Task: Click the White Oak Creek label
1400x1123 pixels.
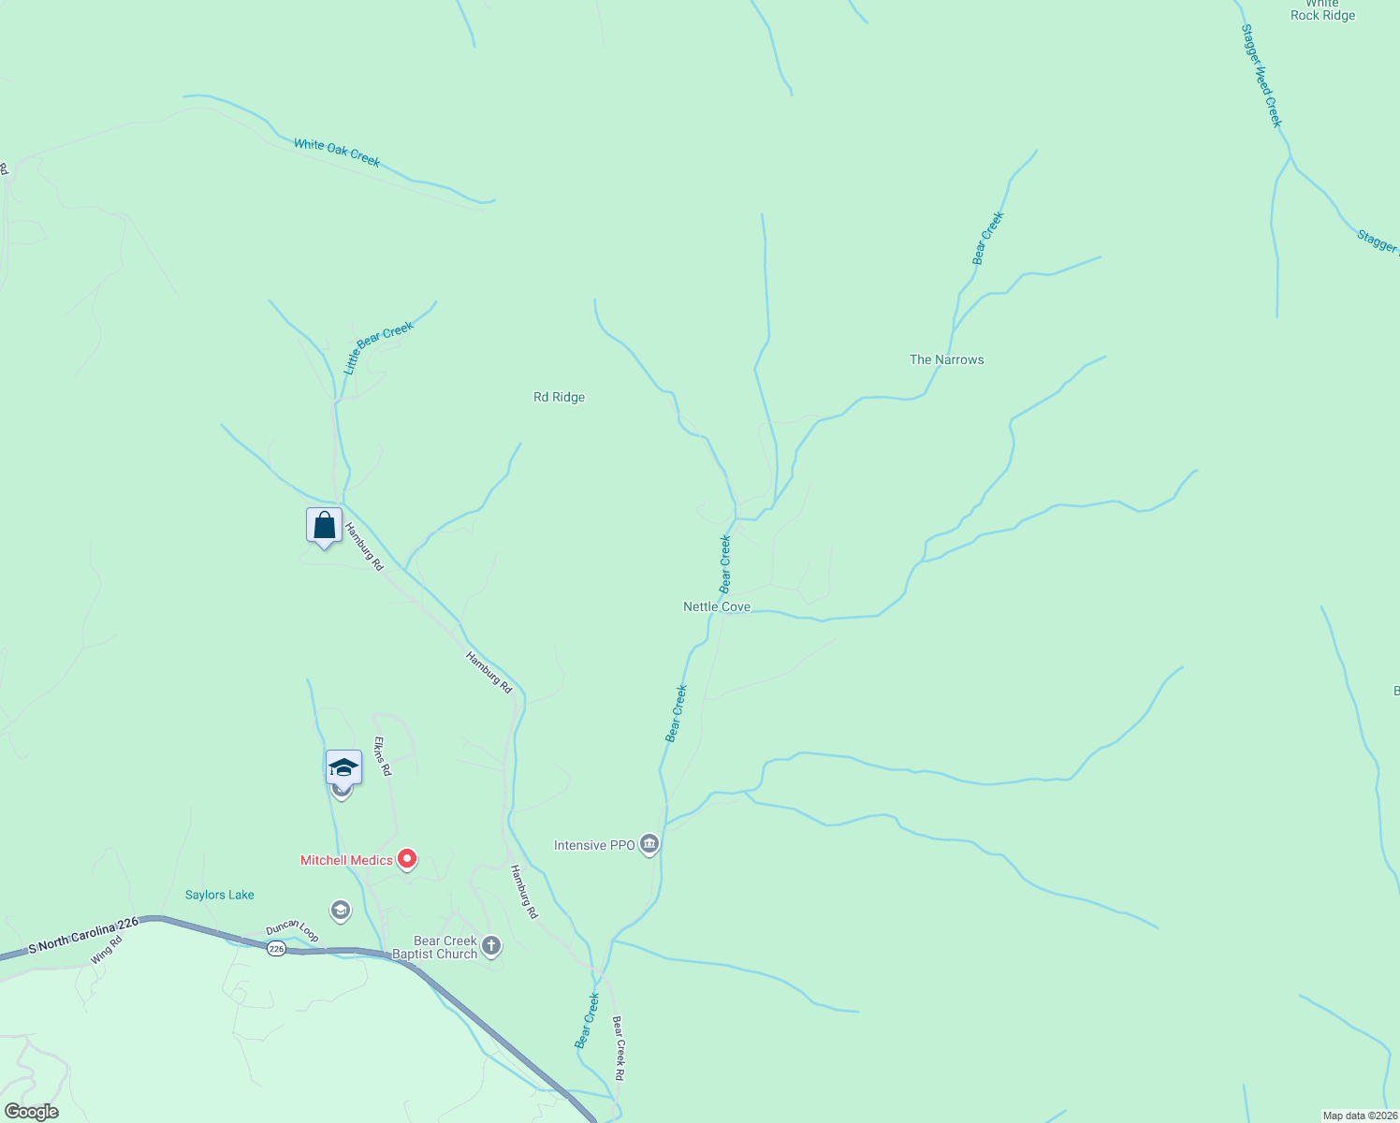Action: [337, 153]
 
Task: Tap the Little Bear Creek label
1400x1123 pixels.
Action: [378, 348]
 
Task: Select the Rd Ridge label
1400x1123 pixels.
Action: [559, 397]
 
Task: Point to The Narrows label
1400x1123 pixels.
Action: [946, 359]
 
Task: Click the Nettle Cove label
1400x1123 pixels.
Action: [716, 606]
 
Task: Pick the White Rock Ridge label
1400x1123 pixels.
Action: [1322, 10]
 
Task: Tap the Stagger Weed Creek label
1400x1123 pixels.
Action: [1261, 76]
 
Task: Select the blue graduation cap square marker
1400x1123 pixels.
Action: [343, 767]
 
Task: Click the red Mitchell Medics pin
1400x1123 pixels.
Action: [407, 858]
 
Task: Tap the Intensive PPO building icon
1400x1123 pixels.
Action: [649, 844]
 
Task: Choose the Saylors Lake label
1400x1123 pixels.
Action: [219, 895]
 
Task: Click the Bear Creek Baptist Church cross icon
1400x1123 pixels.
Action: [491, 946]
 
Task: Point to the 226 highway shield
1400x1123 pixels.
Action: [275, 948]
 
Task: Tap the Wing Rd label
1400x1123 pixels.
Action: [106, 951]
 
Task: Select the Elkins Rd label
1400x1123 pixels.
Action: [383, 755]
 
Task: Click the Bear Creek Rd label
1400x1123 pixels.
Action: [618, 1048]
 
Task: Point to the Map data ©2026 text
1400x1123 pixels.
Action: [1359, 1116]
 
